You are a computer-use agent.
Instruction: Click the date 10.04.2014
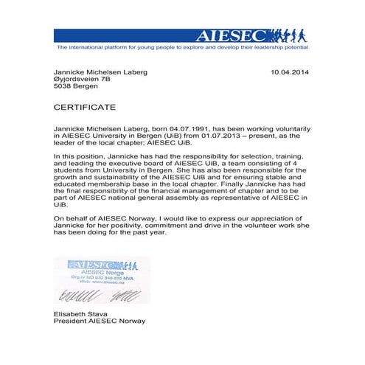(x=291, y=72)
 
